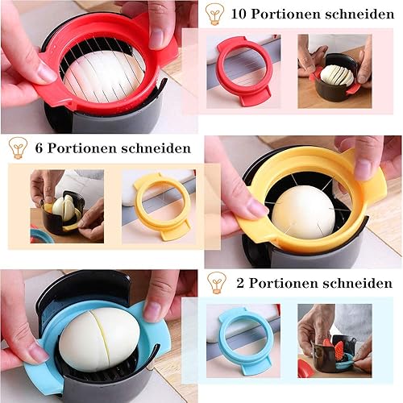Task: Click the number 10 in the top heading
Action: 239,14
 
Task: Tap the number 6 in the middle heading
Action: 39,148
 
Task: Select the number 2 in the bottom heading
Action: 240,283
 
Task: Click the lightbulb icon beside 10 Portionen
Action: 214,14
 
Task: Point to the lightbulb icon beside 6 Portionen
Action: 18,147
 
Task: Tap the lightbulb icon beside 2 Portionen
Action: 217,282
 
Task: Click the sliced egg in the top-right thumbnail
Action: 337,75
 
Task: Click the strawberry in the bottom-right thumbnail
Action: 339,350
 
